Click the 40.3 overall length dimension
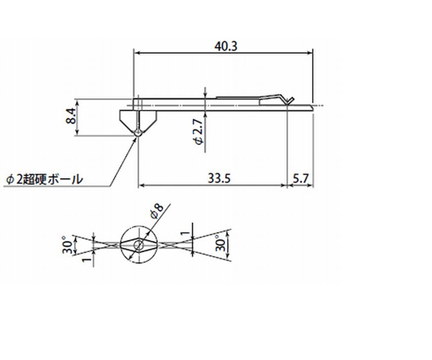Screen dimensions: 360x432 [x=224, y=46]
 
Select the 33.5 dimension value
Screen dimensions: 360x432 [x=218, y=178]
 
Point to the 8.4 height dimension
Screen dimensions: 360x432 [x=71, y=118]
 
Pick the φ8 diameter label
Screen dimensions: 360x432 [x=158, y=213]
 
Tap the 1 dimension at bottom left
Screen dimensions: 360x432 [x=84, y=259]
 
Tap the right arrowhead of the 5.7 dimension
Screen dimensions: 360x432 [x=311, y=186]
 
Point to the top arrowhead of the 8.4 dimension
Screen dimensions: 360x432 [x=81, y=102]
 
